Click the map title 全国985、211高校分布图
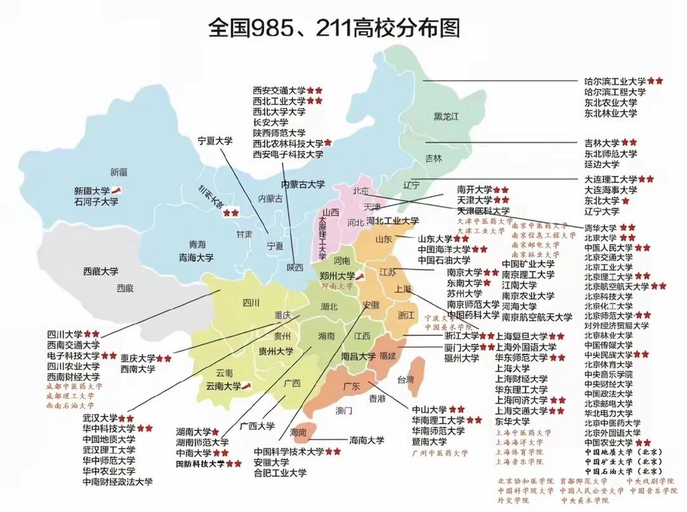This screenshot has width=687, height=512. click(334, 28)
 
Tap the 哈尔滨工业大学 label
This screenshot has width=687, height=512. click(615, 82)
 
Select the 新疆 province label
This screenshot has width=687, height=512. click(118, 172)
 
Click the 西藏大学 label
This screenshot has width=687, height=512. click(101, 271)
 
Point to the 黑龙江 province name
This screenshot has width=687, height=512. click(446, 117)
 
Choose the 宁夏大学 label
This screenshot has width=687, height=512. click(215, 141)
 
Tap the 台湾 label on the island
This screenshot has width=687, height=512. click(405, 379)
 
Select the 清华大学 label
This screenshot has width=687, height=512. click(600, 228)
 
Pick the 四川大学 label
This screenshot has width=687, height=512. click(65, 334)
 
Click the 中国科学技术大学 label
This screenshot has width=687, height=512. click(289, 452)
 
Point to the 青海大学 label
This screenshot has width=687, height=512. click(196, 258)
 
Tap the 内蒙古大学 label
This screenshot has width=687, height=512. click(302, 184)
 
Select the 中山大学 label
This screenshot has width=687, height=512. click(429, 410)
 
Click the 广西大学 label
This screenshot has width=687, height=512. click(257, 426)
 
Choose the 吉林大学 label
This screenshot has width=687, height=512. click(602, 143)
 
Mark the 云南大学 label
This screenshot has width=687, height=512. click(223, 386)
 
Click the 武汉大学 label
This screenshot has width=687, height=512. click(100, 418)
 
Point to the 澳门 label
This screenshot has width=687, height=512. click(344, 410)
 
